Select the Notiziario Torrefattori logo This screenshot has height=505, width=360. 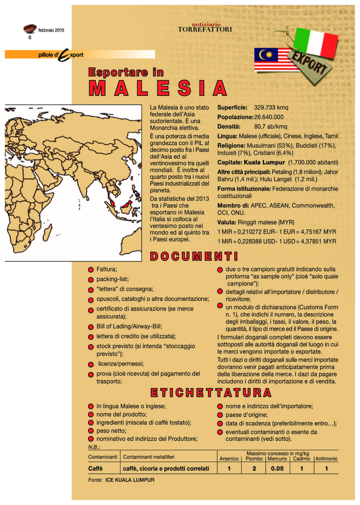click(x=205, y=27)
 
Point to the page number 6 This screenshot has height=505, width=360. click(x=30, y=37)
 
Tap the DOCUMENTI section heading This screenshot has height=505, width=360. click(x=194, y=256)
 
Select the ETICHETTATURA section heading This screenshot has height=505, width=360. click(x=211, y=393)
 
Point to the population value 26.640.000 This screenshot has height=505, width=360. click(x=269, y=117)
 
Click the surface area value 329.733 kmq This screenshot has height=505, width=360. click(x=271, y=108)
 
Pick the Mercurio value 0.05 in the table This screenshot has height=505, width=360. click(x=277, y=469)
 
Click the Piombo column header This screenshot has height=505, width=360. click(x=254, y=459)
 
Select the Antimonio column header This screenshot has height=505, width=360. click(x=326, y=459)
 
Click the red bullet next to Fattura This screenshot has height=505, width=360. click(x=91, y=269)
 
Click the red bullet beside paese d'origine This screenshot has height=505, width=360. click(x=220, y=415)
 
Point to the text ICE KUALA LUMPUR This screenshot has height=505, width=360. click(x=130, y=480)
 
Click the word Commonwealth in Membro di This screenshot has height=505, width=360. click(x=313, y=205)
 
